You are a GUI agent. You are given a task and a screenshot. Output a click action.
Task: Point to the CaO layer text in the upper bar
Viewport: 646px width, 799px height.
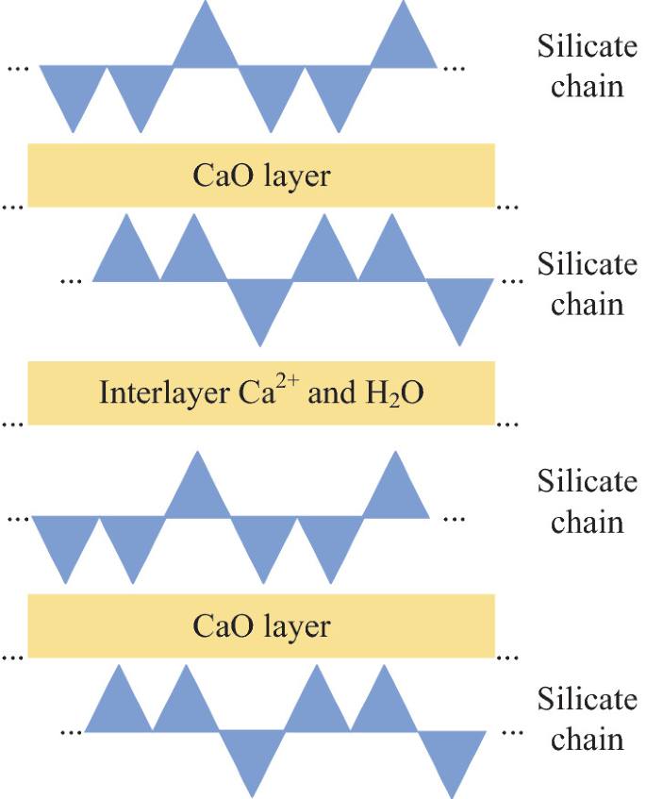(261, 175)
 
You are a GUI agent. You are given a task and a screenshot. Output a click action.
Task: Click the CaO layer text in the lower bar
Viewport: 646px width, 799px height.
(261, 626)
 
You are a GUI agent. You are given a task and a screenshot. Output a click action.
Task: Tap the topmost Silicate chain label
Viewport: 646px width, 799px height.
(587, 65)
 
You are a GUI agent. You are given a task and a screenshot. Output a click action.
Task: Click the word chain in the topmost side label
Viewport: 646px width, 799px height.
(587, 86)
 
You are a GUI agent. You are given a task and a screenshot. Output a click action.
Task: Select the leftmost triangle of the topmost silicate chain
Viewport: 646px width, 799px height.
(73, 90)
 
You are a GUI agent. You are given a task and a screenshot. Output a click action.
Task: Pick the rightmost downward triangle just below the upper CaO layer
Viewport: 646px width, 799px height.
(459, 302)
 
